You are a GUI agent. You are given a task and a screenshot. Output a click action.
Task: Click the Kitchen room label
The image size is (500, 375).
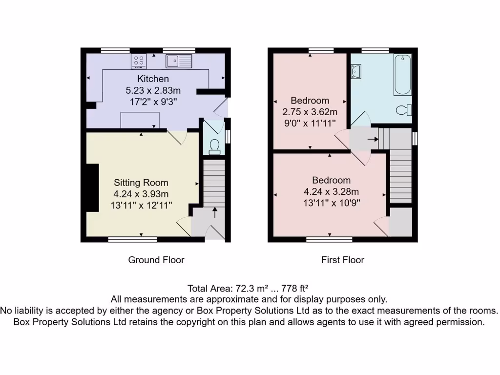point(153,79)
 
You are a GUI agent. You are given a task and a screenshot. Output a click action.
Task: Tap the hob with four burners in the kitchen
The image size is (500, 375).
point(139,62)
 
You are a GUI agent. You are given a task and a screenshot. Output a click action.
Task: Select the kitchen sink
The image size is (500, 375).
point(179,61)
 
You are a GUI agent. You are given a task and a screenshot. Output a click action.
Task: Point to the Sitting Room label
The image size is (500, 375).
point(141,183)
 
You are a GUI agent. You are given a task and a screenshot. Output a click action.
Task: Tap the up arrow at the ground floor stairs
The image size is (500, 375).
point(214,212)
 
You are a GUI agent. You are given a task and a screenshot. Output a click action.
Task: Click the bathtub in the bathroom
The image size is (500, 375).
point(403,75)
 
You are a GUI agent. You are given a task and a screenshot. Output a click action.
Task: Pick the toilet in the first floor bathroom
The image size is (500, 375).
point(404,110)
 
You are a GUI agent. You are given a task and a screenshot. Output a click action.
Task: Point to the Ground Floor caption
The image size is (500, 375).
point(156,260)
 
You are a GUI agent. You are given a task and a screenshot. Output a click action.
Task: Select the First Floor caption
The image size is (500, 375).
point(342,260)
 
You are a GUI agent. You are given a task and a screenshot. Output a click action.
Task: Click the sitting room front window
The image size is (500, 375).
point(132,239)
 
